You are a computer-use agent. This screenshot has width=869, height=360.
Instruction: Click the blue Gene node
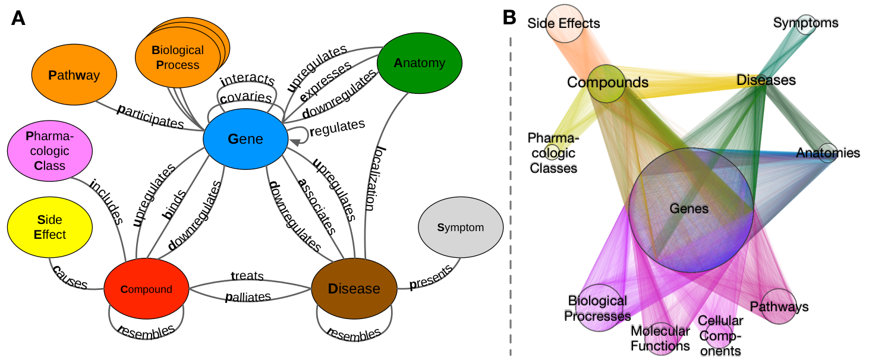245,139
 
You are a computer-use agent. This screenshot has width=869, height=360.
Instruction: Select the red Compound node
146,289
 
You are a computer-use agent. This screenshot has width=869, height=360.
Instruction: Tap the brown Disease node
354,289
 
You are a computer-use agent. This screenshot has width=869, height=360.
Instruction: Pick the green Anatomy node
419,63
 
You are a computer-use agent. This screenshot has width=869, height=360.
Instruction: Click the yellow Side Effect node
50,228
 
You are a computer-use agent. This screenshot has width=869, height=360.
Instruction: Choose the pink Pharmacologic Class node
50,150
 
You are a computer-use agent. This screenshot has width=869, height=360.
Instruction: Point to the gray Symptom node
461,228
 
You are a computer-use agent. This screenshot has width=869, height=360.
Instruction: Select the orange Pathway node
73,75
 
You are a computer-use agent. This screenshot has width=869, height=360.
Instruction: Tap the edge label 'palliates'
248,296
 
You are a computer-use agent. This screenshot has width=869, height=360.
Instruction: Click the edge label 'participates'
151,115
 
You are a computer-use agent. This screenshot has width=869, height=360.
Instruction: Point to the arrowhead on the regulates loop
293,141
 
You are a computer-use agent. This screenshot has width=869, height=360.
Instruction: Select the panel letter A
18,18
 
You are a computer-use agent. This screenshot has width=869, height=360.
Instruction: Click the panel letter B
509,18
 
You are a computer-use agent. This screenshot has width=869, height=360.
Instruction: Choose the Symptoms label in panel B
805,23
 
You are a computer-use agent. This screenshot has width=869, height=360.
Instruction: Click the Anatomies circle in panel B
828,153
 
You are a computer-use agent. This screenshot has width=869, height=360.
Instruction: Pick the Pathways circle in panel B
779,306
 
